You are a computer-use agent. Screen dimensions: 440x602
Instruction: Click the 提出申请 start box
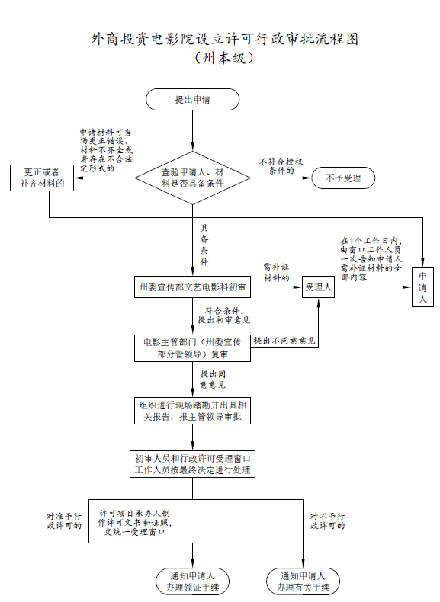[192, 99]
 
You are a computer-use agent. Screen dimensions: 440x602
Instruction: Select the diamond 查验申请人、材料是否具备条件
[192, 178]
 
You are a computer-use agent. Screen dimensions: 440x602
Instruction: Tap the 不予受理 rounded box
[343, 178]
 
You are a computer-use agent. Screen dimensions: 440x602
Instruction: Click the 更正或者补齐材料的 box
[42, 178]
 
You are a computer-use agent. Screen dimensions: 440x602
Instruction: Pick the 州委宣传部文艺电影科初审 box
[192, 287]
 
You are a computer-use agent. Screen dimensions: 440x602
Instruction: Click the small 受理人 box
[318, 287]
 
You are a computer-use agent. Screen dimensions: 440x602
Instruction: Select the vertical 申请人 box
[422, 287]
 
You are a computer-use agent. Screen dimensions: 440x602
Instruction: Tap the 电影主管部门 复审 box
[192, 348]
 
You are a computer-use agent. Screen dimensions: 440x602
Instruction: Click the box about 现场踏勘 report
[192, 411]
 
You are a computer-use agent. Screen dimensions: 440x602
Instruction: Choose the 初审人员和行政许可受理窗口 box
[192, 464]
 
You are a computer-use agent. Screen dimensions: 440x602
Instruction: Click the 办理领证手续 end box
[192, 581]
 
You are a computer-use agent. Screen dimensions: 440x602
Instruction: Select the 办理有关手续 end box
[304, 581]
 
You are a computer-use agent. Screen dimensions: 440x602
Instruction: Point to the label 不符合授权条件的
[281, 166]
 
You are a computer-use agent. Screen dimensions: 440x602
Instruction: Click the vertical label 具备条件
[204, 245]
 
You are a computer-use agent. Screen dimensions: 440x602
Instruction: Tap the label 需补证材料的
[276, 272]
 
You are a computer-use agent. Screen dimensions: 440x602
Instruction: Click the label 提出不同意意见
[284, 341]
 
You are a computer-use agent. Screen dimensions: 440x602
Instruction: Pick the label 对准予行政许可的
[64, 521]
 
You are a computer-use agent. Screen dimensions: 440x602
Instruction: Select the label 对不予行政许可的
[327, 521]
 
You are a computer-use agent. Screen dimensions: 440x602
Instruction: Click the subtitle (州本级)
[223, 59]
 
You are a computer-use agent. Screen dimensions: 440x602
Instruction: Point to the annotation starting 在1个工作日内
[371, 259]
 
